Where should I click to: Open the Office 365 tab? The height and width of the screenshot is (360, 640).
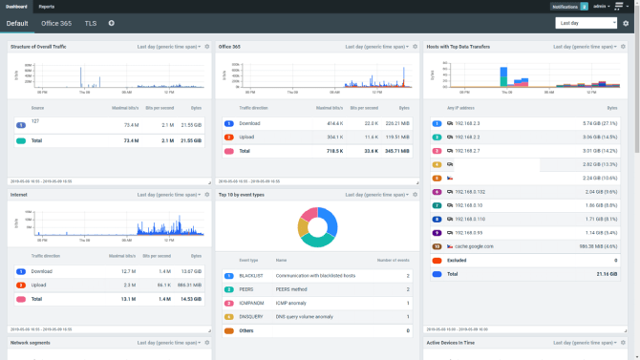[56, 22]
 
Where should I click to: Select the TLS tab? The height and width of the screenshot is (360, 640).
[90, 22]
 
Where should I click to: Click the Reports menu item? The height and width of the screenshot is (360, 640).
[46, 6]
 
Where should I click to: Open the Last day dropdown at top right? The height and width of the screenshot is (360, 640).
[585, 22]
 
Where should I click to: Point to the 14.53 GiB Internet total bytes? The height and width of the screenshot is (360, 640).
[189, 299]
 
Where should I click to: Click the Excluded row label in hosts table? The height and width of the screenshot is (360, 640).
[458, 260]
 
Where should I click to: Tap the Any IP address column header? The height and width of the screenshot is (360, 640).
[463, 108]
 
